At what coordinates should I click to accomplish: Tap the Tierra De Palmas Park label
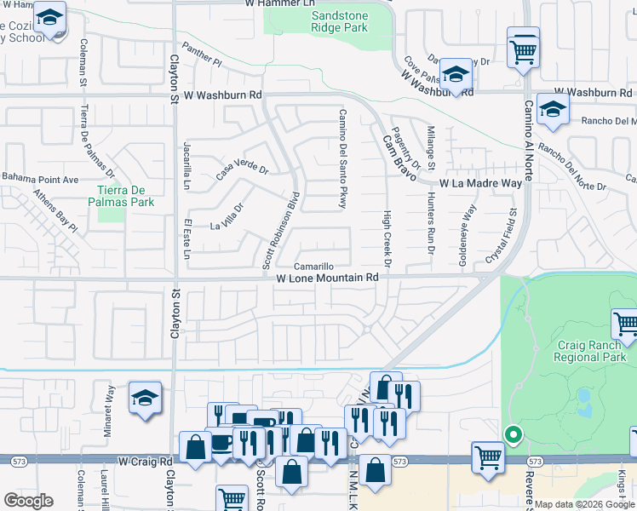124,196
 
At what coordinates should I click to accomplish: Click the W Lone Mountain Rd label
327,278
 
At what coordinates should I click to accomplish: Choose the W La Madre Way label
480,183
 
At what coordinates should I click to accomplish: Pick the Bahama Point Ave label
39,179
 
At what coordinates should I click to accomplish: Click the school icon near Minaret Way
145,398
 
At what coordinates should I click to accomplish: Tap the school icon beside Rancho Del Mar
553,111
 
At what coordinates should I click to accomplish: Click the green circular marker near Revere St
513,434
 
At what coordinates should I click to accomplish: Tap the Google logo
27,501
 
